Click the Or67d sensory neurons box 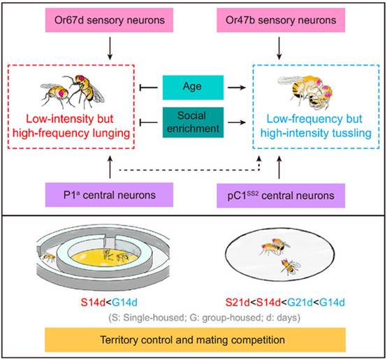coord(109,20)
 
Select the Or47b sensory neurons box coord(281,20)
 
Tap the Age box coord(193,87)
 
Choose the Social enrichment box coord(193,122)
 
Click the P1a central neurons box coord(109,195)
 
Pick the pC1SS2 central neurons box coord(281,195)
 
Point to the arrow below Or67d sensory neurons coord(110,48)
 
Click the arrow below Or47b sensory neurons coord(279,48)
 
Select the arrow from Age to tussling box coord(237,87)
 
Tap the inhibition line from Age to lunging coord(149,87)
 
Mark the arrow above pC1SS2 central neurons coord(279,167)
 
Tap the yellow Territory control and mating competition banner coord(195,340)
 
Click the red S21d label coord(238,302)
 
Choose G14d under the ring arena coord(124,302)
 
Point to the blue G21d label coord(300,302)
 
